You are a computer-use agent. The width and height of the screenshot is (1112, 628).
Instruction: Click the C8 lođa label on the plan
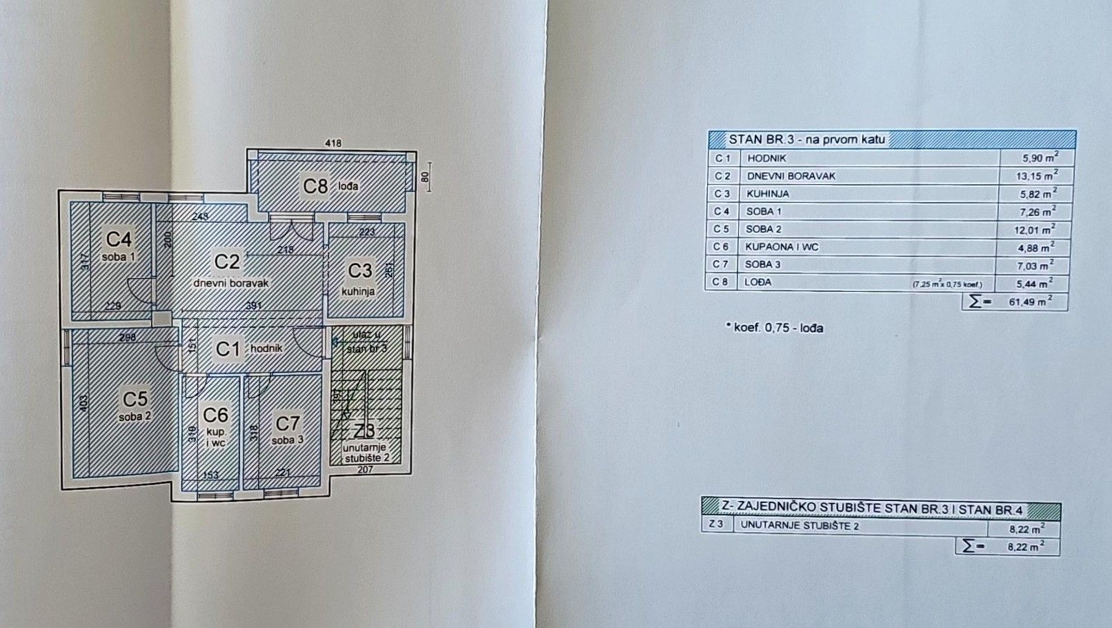point(316,186)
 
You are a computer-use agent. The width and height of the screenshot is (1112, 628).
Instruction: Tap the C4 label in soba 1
point(119,239)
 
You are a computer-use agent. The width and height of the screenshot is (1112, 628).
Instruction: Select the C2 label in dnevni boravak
point(226,262)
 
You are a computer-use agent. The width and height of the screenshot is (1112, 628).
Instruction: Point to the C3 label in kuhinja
point(359,271)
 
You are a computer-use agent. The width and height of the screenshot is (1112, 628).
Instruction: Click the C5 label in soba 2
point(135,399)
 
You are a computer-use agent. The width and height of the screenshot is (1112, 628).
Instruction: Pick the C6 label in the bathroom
point(215,415)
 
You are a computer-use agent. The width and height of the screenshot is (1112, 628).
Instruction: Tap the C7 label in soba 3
point(288,423)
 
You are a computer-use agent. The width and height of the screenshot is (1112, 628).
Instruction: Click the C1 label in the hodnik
point(228,349)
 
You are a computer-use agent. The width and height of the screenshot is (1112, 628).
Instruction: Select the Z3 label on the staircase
point(364,431)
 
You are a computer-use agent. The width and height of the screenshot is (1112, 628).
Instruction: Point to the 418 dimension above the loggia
point(333,144)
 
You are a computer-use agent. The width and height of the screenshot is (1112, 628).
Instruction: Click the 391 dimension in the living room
point(253,306)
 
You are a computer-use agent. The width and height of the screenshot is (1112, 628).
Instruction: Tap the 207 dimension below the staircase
point(365,470)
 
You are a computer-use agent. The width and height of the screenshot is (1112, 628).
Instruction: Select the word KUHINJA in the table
point(767,194)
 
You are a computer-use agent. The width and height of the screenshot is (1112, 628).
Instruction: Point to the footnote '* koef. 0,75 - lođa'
point(774,328)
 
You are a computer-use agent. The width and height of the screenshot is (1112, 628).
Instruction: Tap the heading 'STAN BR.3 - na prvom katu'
point(806,139)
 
